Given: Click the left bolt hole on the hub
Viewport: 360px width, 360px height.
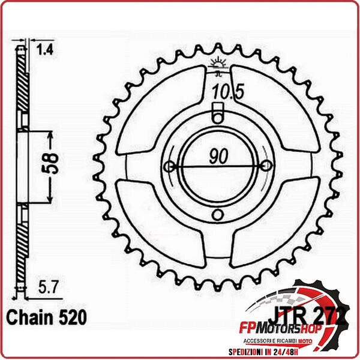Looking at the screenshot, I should click(x=169, y=166).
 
